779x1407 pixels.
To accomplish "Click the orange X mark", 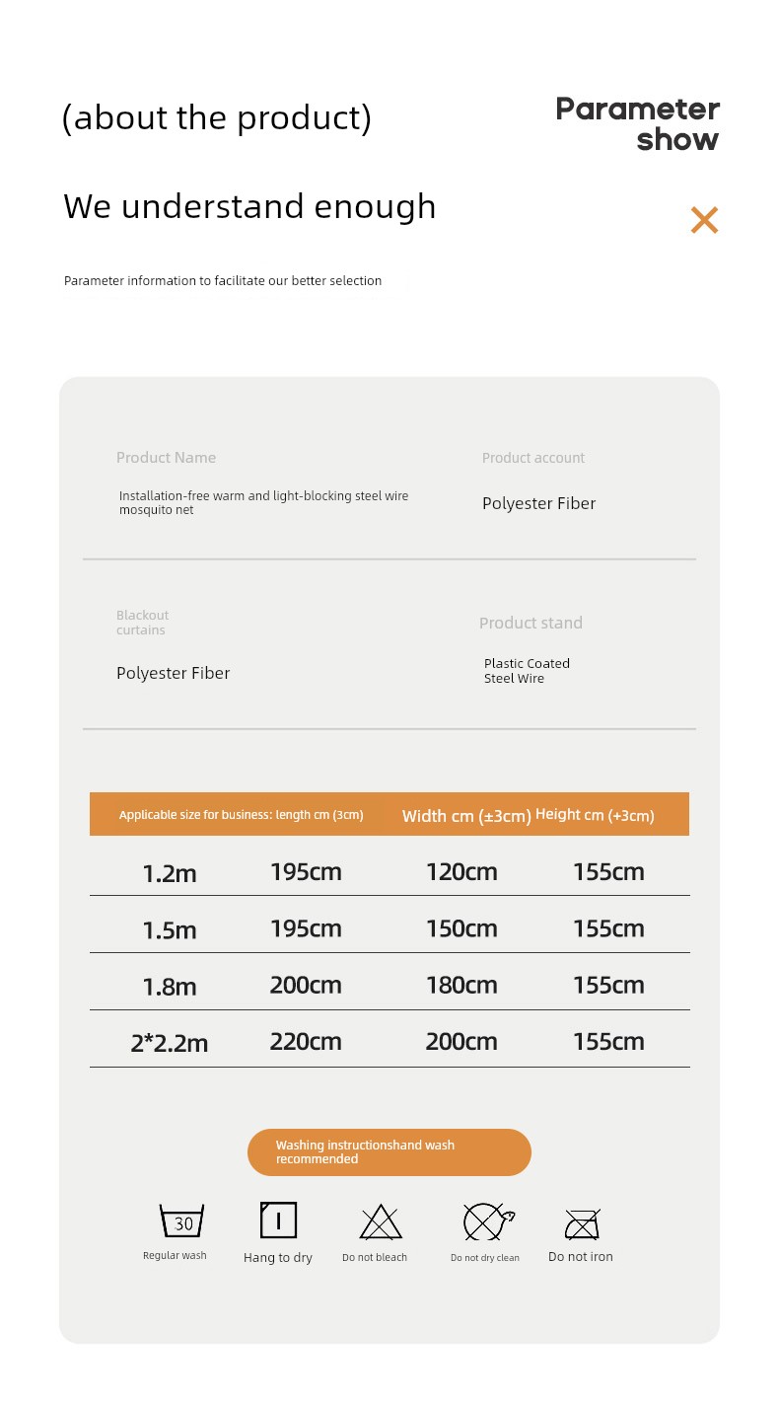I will click(x=704, y=220).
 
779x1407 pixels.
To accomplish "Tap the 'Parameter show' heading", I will click(x=638, y=123).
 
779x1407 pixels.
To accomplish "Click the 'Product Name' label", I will click(x=166, y=458).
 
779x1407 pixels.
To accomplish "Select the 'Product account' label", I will click(x=532, y=458).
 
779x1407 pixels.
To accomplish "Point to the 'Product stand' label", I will click(x=531, y=623).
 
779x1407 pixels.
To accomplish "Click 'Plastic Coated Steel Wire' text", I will click(x=527, y=671).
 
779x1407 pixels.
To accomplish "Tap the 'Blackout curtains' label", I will click(x=142, y=623).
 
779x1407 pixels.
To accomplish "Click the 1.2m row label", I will click(x=170, y=873).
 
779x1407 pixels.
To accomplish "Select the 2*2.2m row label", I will click(x=170, y=1043).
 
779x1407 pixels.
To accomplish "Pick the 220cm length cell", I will click(x=306, y=1042).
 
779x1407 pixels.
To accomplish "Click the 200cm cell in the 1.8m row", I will click(x=306, y=985).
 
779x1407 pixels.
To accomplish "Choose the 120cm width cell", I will click(x=461, y=872).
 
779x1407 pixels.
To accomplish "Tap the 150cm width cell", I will click(x=461, y=928).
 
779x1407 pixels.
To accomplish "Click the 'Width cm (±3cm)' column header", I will click(x=466, y=816).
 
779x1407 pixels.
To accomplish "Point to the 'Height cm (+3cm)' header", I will click(x=595, y=815).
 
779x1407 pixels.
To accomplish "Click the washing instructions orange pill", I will click(x=389, y=1152).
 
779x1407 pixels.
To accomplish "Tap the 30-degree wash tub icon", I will click(x=182, y=1222).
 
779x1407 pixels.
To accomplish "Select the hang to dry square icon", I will click(x=278, y=1221).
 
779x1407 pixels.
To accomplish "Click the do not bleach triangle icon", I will click(x=381, y=1222).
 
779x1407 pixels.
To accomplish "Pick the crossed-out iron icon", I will click(x=582, y=1224).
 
